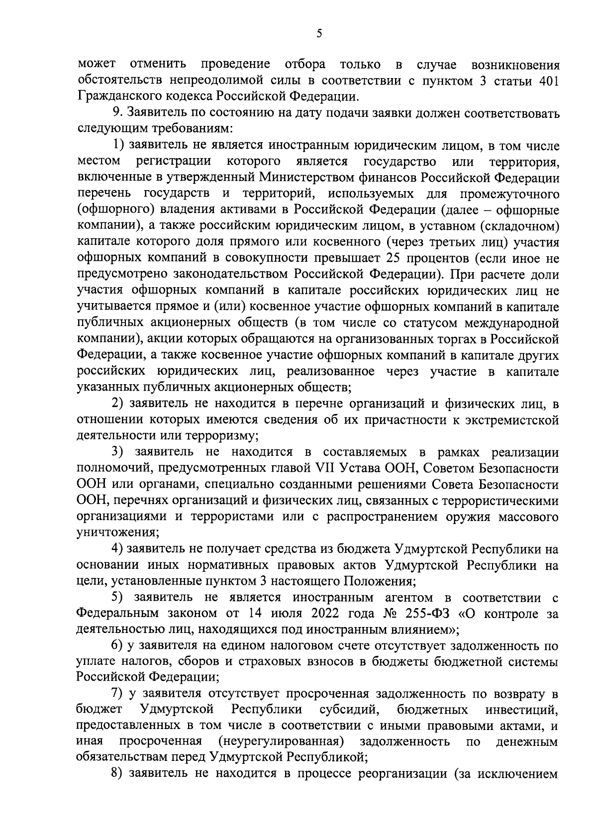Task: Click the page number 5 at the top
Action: [319, 34]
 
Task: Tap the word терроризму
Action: [222, 436]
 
